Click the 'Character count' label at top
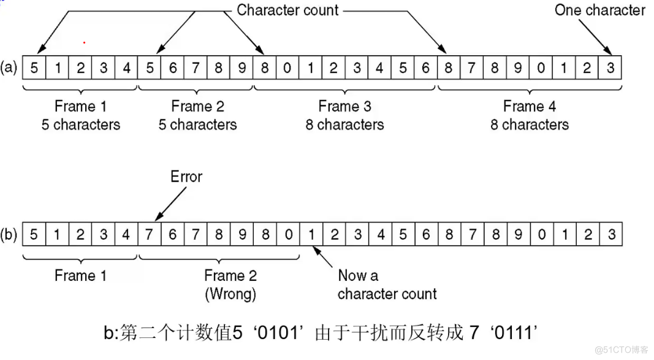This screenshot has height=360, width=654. point(287,10)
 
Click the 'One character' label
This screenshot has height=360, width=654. point(599,10)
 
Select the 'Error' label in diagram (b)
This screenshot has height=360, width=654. point(186,177)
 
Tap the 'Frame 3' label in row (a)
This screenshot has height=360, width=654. point(344,106)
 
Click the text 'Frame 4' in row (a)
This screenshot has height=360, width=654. point(530,106)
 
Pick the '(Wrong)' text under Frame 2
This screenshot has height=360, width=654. point(230,294)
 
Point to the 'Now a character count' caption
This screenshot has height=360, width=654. point(386,285)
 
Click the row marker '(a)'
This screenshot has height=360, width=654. point(9,67)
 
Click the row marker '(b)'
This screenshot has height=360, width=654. point(9,235)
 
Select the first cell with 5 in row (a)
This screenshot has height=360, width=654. point(34,67)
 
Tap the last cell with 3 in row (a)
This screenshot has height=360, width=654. point(610,67)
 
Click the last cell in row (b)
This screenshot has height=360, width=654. point(610,234)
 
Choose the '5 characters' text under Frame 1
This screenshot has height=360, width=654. point(81,124)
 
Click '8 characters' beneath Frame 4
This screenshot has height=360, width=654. point(530,124)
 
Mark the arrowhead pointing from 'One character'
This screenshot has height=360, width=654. point(610,53)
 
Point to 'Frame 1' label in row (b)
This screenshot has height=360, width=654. point(80,275)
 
